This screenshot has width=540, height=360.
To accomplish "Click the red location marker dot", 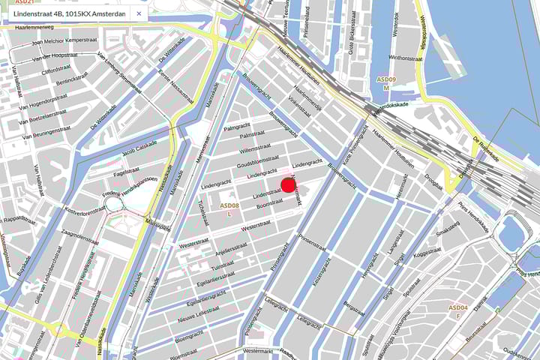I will [289, 185].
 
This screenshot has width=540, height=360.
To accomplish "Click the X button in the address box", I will [139, 13].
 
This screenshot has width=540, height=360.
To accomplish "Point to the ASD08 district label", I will [229, 205].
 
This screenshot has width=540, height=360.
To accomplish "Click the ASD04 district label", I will [458, 307].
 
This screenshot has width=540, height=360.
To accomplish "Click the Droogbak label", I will [433, 181].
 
